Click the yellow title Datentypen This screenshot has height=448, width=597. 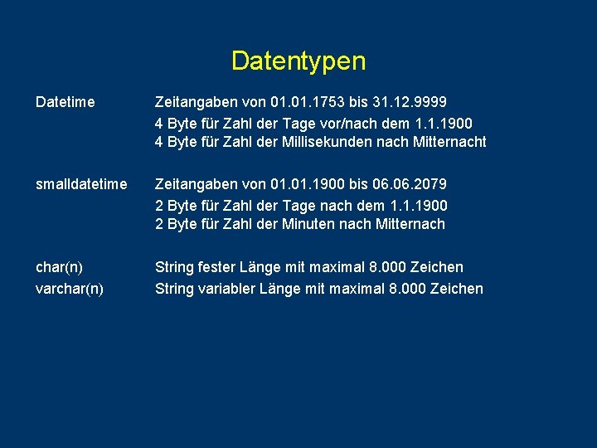[298, 61]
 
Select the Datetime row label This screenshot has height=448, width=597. [66, 102]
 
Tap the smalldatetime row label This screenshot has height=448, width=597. [81, 183]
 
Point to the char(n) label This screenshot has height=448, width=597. [59, 267]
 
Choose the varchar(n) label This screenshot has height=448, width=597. [70, 289]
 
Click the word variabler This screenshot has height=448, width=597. [226, 289]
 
